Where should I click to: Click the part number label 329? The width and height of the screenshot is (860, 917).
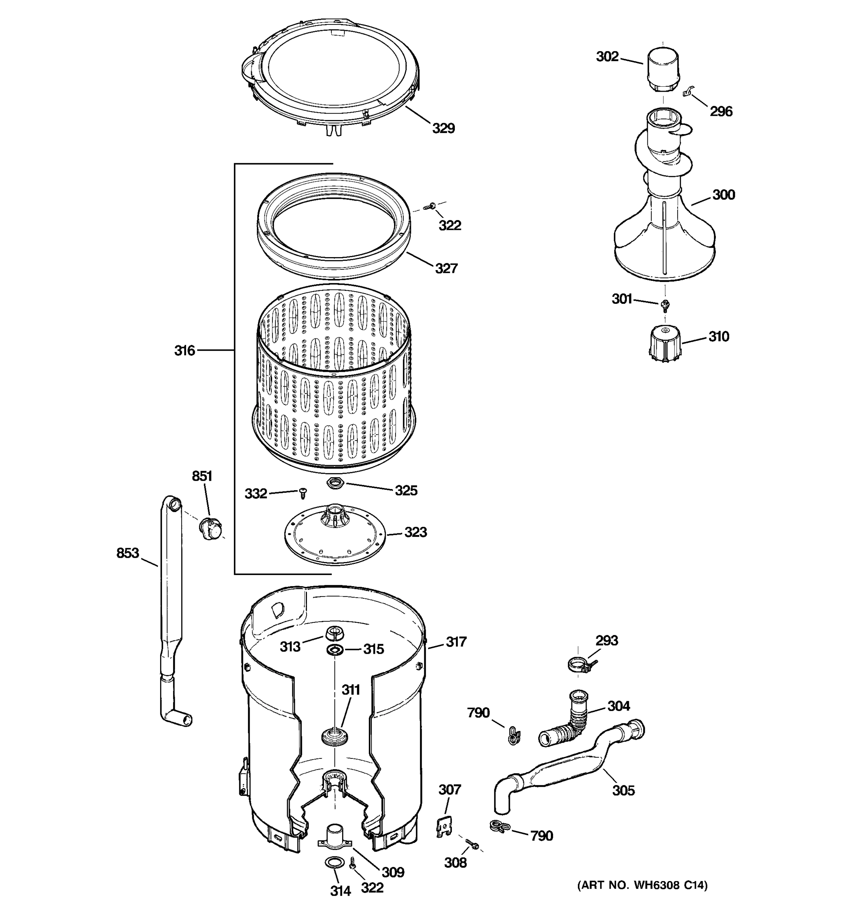tap(443, 128)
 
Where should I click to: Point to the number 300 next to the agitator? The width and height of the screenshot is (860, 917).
tap(723, 195)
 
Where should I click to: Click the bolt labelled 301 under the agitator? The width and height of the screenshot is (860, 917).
tap(665, 304)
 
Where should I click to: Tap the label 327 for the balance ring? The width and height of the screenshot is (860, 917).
tap(446, 269)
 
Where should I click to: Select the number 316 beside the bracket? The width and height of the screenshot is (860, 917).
tap(185, 351)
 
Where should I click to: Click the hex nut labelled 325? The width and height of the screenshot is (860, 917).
tap(333, 484)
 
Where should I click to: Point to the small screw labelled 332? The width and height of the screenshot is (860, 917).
tap(303, 493)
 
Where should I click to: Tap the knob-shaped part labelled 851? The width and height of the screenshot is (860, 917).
tap(209, 528)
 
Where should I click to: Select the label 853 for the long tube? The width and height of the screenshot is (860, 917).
tap(127, 553)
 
